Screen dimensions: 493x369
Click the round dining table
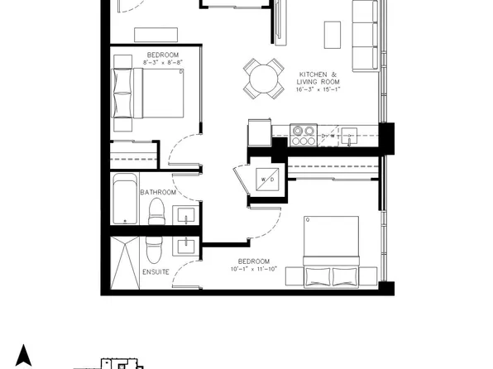[264, 79]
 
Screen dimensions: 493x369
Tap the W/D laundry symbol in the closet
[267, 180]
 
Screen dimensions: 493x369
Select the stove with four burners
[304, 135]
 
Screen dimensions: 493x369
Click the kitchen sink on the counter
[349, 136]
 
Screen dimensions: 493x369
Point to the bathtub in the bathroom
[125, 199]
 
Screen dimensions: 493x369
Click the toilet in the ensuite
[154, 250]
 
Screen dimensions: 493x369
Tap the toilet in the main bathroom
[157, 212]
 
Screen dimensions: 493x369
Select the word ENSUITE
[156, 272]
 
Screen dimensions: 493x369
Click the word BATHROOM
[158, 192]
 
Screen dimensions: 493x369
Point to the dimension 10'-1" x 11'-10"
[254, 269]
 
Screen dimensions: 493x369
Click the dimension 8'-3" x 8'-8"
[163, 62]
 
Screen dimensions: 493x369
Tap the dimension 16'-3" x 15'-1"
[318, 89]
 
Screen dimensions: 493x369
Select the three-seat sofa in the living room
[365, 36]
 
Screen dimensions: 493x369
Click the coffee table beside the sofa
[333, 35]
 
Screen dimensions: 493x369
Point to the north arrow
[24, 356]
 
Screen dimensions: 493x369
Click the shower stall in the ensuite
[125, 262]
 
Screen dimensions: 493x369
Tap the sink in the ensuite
[186, 247]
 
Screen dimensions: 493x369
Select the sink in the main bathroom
[186, 215]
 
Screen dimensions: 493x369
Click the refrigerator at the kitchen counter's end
[260, 132]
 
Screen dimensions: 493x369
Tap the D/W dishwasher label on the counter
[328, 136]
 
